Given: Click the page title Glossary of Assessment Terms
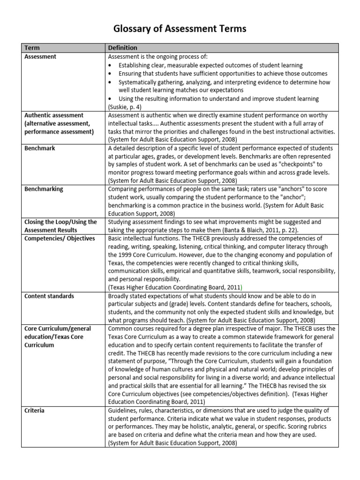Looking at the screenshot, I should (x=180, y=29).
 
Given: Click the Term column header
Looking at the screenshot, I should (x=32, y=48).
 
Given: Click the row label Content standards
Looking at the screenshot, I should (x=49, y=296).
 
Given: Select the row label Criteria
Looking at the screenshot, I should (x=34, y=410).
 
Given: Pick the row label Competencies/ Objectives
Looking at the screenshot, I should (x=59, y=238).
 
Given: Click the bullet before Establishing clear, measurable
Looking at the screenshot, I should (x=110, y=66).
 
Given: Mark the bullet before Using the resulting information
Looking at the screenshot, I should (x=110, y=99).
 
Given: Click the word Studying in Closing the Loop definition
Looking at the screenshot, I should (x=120, y=222).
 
